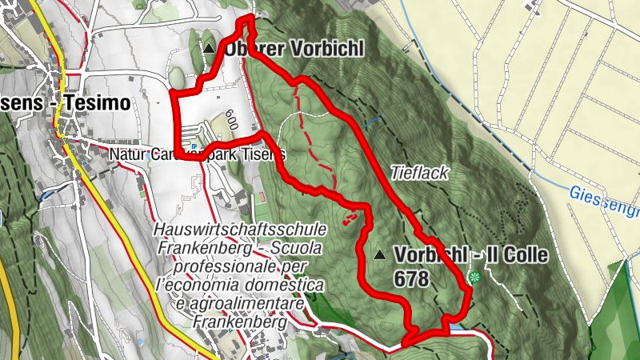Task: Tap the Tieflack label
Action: pyautogui.click(x=420, y=172)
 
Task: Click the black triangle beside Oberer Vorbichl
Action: pyautogui.click(x=210, y=49)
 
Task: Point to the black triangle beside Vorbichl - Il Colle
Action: pyautogui.click(x=380, y=255)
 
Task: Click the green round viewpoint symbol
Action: pyautogui.click(x=474, y=278)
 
